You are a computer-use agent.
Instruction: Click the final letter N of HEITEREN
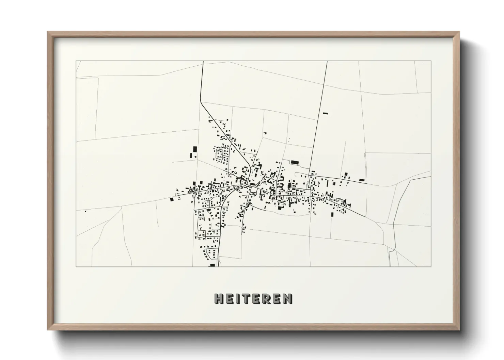pyautogui.click(x=288, y=299)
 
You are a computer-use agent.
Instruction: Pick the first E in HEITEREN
pyautogui.click(x=229, y=299)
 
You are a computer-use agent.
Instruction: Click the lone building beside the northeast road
pyautogui.click(x=325, y=113)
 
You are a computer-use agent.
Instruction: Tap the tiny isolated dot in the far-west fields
pyautogui.click(x=85, y=211)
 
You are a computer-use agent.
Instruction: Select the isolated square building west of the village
pyautogui.click(x=172, y=200)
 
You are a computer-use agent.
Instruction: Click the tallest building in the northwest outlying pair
pyautogui.click(x=195, y=149)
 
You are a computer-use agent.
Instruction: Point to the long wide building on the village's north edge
pyautogui.click(x=295, y=162)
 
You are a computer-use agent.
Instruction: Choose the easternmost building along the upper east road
pyautogui.click(x=362, y=180)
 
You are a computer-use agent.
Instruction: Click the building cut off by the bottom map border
pyautogui.click(x=212, y=265)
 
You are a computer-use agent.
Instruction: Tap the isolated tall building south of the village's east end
pyautogui.click(x=332, y=214)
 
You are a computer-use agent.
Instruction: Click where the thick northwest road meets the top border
pyautogui.click(x=203, y=62)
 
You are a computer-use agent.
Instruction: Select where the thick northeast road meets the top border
pyautogui.click(x=327, y=62)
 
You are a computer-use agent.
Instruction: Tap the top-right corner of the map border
pyautogui.click(x=431, y=61)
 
